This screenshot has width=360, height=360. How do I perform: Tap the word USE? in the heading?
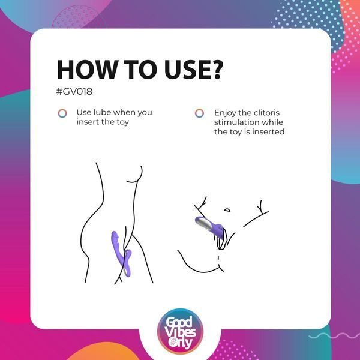194,70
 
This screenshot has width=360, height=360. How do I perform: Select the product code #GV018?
74,91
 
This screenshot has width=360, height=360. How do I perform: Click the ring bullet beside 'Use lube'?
62,113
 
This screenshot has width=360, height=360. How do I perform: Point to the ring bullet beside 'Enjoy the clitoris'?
199,113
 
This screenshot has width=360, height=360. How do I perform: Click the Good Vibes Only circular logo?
180,331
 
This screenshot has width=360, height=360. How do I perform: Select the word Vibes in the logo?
180,332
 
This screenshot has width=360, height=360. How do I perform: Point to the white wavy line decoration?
334,336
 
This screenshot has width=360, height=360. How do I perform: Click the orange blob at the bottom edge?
103,352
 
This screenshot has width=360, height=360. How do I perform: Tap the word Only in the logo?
180,343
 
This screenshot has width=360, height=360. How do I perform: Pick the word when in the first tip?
124,113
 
